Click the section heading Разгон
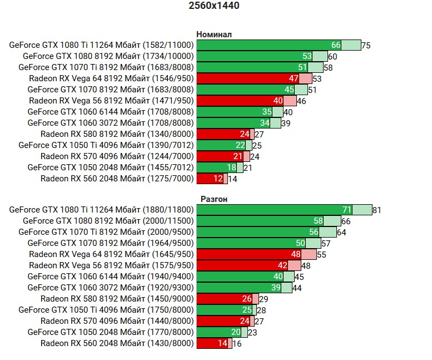click(x=214, y=199)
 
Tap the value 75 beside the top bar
click(x=365, y=46)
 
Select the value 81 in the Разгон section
click(x=376, y=210)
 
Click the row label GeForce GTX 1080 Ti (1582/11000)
click(x=101, y=45)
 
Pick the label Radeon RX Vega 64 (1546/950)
click(x=111, y=78)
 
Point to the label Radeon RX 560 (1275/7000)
click(x=117, y=179)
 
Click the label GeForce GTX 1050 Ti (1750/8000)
click(x=106, y=310)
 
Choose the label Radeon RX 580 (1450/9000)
click(x=117, y=299)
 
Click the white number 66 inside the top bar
click(x=336, y=45)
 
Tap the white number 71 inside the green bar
click(x=346, y=210)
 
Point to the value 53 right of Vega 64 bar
click(x=317, y=79)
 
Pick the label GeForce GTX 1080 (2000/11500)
click(x=108, y=221)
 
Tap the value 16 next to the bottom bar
click(x=237, y=344)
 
